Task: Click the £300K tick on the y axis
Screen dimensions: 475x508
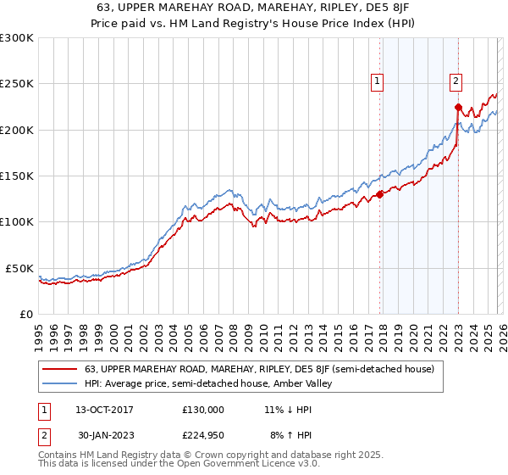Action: click(17, 38)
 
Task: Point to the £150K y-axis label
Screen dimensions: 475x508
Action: click(17, 176)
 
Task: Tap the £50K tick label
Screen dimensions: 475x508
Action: click(20, 268)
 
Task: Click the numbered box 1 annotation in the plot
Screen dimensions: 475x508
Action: click(377, 81)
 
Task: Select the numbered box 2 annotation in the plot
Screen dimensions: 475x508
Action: click(456, 81)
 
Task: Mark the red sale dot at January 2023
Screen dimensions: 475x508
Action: click(458, 107)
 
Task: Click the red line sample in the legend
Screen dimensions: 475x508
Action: click(60, 369)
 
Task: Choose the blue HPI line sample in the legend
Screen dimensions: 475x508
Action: click(60, 384)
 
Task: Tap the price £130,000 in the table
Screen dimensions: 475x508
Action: click(202, 410)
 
